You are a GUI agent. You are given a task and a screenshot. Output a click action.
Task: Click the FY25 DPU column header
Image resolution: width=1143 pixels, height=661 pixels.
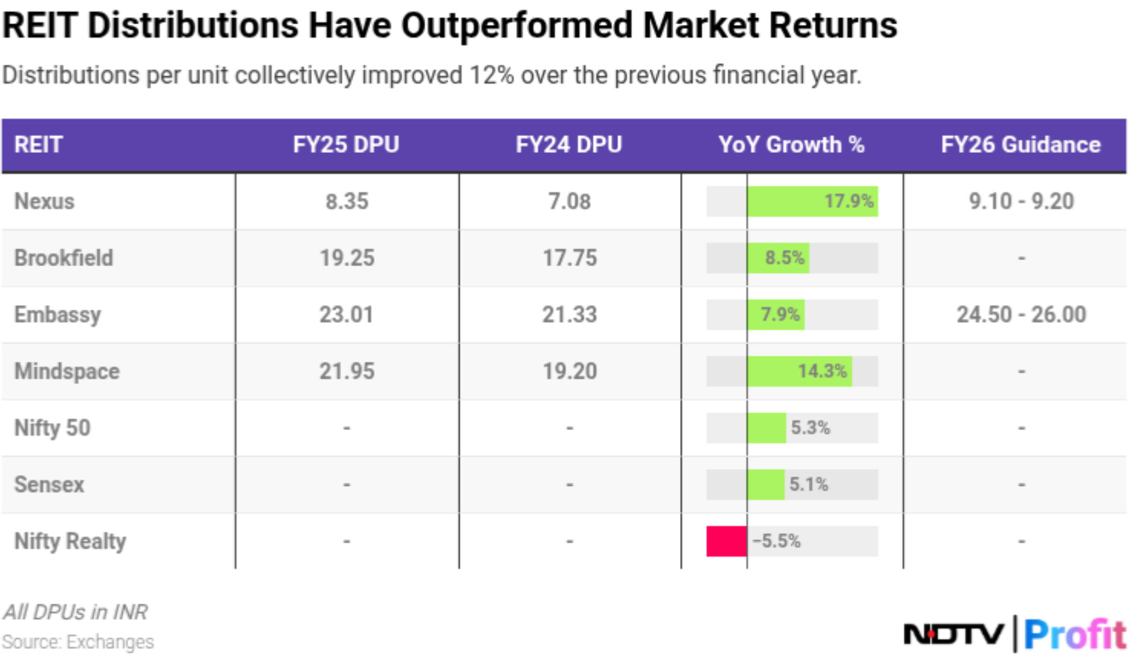coord(346,144)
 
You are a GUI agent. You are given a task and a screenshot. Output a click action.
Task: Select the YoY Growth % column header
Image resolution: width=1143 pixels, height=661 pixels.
coord(791,144)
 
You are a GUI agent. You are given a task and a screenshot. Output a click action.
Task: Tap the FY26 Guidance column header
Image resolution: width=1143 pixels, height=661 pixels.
coord(1020,144)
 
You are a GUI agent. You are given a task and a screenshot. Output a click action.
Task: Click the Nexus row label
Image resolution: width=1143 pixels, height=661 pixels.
coord(44,201)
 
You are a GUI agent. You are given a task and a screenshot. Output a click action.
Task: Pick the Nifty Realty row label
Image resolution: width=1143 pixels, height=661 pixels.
coord(70,541)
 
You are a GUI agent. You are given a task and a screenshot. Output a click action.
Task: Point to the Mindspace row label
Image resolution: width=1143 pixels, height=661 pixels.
coord(67,371)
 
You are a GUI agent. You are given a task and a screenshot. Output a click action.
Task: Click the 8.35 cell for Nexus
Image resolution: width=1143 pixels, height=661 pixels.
coord(346,201)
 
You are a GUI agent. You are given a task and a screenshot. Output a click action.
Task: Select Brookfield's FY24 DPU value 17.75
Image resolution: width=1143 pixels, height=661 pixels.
coord(569,258)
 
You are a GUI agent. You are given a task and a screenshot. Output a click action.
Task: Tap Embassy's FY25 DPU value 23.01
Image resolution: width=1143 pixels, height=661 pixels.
coord(346,315)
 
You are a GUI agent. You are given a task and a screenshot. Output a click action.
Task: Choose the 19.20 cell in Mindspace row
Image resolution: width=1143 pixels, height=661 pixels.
coord(569,371)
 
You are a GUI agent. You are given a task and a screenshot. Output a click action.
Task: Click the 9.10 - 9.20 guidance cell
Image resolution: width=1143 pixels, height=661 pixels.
coord(1021,201)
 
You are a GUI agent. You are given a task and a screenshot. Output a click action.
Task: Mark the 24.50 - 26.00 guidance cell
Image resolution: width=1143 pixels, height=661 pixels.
coord(1021,315)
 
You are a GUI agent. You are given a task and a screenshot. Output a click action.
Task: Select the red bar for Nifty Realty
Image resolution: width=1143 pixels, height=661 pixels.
coord(727,541)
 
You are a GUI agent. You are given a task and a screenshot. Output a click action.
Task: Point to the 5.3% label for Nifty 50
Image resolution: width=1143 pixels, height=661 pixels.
coord(810,428)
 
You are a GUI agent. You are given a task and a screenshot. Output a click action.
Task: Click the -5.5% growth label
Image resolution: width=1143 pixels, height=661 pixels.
coord(776,541)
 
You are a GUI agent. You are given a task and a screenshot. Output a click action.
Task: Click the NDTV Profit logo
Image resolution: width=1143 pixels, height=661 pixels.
coord(1014,634)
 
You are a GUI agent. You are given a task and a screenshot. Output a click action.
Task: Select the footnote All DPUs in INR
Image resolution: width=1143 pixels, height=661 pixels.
coord(75,612)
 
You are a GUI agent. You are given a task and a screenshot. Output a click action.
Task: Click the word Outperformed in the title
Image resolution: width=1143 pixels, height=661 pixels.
coord(517,26)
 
